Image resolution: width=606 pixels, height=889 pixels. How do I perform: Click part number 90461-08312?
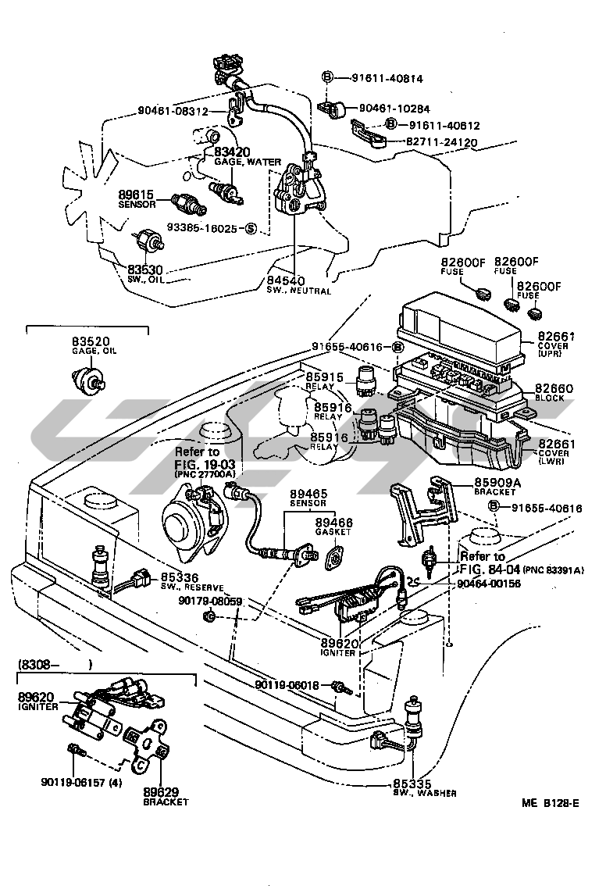[x=173, y=111]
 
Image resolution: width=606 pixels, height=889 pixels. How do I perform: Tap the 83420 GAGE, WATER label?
[x=243, y=156]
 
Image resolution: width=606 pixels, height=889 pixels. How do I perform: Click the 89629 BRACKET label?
[x=166, y=795]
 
